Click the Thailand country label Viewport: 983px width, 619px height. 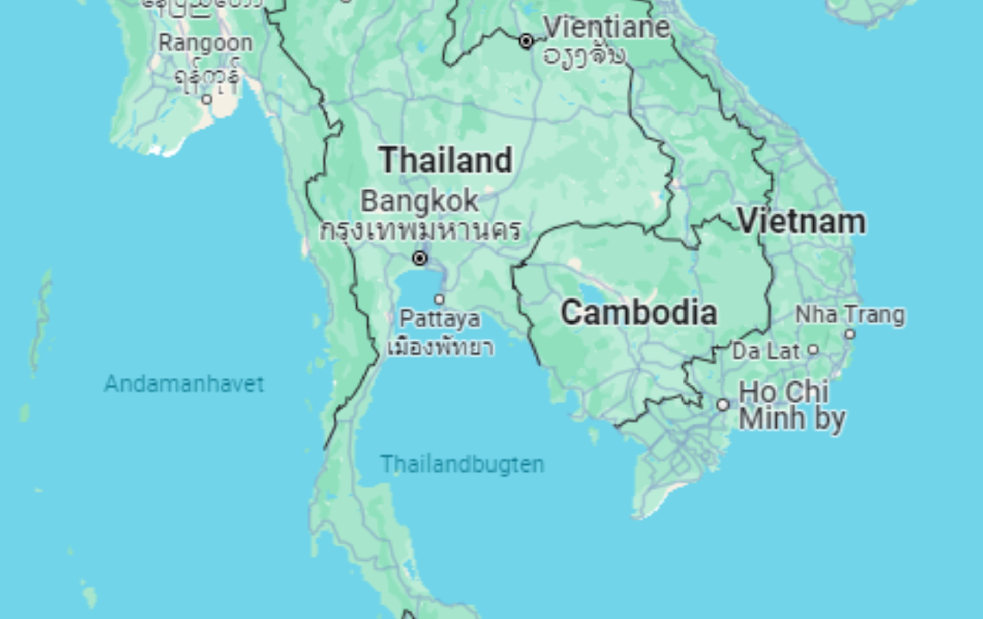point(445,160)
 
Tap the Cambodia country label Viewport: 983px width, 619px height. point(638,312)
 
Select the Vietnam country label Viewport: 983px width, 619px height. point(801,221)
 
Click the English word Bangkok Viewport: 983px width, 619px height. point(419,201)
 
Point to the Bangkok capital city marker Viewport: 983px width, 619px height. point(420,258)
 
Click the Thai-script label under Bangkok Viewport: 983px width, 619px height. point(420,230)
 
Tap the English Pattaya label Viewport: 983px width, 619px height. point(440,318)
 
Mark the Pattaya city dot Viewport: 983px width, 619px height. point(439,300)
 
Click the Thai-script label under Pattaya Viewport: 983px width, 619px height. point(440,348)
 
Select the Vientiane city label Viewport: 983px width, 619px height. point(607,27)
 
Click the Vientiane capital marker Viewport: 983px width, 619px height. point(526,41)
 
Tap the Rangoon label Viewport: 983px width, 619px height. point(206,42)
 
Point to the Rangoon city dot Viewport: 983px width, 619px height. point(207,99)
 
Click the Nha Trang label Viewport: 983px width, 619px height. point(850,314)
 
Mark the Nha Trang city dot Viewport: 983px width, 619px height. point(850,334)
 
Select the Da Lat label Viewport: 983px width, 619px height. point(766,351)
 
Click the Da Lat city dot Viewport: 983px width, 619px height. point(813,350)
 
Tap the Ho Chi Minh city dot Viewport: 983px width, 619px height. point(723,405)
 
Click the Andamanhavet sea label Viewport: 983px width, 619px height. point(184,383)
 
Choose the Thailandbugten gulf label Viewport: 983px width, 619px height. point(462,464)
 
